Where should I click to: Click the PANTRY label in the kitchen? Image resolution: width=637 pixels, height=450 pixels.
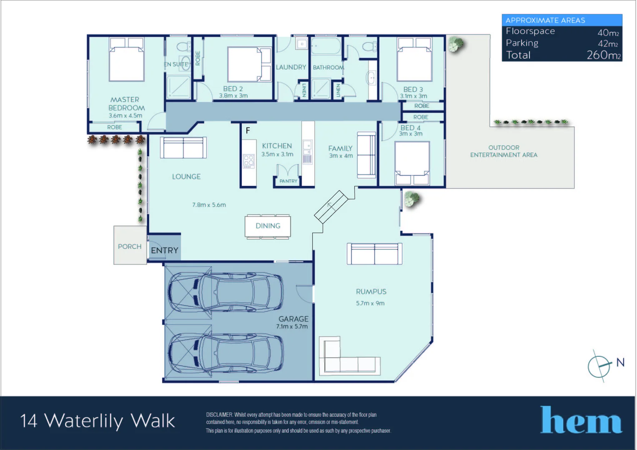click(x=288, y=181)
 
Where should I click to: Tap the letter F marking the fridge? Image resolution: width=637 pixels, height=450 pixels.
click(x=248, y=130)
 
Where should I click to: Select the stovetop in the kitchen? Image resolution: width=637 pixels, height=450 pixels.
click(x=248, y=161)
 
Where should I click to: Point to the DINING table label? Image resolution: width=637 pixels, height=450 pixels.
click(x=268, y=226)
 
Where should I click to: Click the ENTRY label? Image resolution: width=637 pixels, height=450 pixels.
click(x=164, y=250)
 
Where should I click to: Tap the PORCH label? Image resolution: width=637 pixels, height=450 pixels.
click(x=130, y=247)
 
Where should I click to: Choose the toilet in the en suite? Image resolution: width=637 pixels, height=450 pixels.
click(x=184, y=47)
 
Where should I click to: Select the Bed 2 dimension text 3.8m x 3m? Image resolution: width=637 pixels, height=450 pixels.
click(x=233, y=96)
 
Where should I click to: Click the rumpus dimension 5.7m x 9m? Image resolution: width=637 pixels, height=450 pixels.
click(x=370, y=303)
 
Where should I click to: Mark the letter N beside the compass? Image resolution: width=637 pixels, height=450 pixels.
click(x=620, y=362)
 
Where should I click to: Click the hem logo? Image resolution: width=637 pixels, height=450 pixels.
click(x=581, y=420)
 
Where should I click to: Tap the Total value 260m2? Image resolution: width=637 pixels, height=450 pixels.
click(x=604, y=55)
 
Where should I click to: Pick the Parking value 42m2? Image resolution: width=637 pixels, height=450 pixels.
click(x=608, y=43)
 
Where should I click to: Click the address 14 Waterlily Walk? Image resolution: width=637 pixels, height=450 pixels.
click(x=98, y=421)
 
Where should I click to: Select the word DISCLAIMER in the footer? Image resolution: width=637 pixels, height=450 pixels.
click(x=219, y=415)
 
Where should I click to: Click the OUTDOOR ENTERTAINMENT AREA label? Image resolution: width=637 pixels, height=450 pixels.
click(x=504, y=151)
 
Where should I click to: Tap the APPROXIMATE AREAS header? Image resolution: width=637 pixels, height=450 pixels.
click(x=545, y=20)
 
